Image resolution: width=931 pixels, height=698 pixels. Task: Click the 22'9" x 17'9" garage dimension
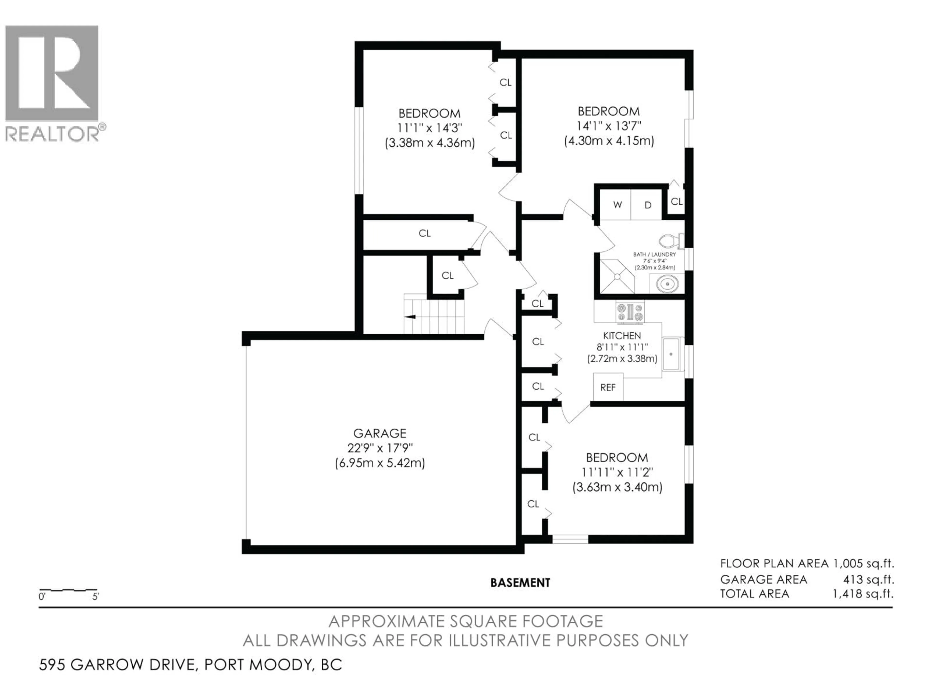pyautogui.click(x=380, y=448)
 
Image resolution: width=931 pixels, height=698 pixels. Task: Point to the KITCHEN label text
pyautogui.click(x=622, y=336)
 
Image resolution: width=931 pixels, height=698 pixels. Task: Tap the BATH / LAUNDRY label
pyautogui.click(x=654, y=254)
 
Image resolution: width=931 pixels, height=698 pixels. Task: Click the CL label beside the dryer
pyautogui.click(x=676, y=202)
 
